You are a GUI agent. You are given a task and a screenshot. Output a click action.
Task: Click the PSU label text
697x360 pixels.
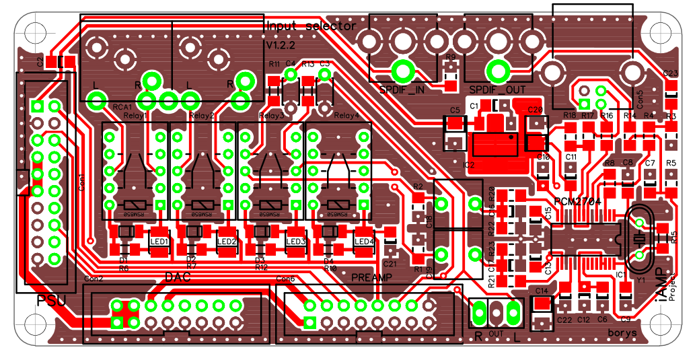click(x=51, y=300)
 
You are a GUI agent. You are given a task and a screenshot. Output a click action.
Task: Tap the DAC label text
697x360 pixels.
click(x=178, y=277)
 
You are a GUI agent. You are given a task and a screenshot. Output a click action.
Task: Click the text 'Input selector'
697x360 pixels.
click(x=311, y=26)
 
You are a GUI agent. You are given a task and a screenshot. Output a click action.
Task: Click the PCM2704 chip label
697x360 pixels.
click(x=577, y=201)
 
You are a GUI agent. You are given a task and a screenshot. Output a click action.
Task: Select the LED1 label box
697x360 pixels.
click(x=159, y=242)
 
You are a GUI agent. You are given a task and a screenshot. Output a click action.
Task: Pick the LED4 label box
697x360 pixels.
click(x=364, y=242)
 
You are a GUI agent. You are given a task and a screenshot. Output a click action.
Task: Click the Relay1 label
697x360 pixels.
click(x=135, y=116)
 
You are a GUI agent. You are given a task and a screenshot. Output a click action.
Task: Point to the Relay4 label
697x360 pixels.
click(x=347, y=116)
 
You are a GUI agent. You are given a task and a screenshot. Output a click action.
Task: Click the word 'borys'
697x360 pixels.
click(x=622, y=332)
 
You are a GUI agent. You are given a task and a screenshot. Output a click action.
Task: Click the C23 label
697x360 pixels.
click(x=670, y=73)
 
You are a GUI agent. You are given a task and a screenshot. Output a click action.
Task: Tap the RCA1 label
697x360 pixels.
click(x=122, y=107)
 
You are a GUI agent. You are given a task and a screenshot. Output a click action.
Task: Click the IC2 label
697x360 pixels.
click(x=469, y=164)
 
